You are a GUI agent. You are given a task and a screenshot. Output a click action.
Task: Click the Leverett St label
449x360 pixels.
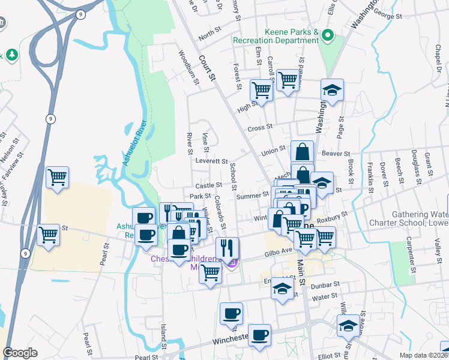pyautogui.click(x=211, y=161)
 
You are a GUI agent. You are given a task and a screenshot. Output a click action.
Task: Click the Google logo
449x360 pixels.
pyautogui.click(x=20, y=353)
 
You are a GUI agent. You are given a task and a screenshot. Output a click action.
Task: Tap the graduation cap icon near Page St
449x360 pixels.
pyautogui.click(x=332, y=90)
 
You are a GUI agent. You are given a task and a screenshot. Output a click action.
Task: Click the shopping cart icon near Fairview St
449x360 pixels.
pyautogui.click(x=58, y=176)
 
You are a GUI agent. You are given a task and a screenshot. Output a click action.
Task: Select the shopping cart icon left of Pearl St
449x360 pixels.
pyautogui.click(x=48, y=235)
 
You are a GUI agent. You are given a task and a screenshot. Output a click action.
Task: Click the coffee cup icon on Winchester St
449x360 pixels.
pyautogui.click(x=259, y=335)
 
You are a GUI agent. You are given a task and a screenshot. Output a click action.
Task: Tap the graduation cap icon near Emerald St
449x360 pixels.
pyautogui.click(x=282, y=289)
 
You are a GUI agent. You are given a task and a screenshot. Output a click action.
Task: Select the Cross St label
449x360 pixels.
pyautogui.click(x=261, y=127)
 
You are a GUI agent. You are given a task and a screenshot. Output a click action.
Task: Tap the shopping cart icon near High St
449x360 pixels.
pyautogui.click(x=262, y=90)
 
